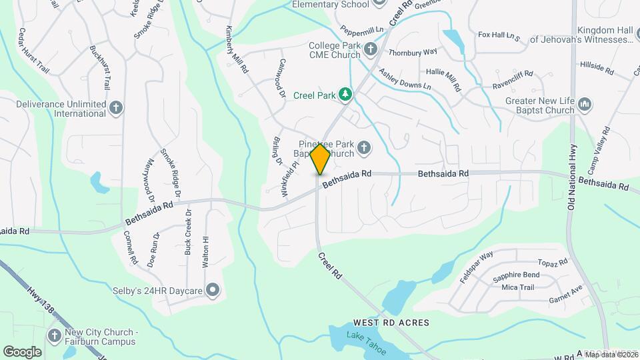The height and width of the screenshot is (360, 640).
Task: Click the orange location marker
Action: pyautogui.click(x=320, y=159)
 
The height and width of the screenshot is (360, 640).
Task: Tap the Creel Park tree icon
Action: pyautogui.click(x=345, y=95)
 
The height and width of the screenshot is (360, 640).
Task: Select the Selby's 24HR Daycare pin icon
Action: pyautogui.click(x=213, y=289)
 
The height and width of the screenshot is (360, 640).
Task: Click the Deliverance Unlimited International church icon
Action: pyautogui.click(x=116, y=108)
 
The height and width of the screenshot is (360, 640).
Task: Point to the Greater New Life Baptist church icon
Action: pyautogui.click(x=585, y=105)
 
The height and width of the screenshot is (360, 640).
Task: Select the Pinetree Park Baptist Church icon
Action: pyautogui.click(x=364, y=147)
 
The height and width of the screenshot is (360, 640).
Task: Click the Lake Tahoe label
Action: pyautogui.click(x=365, y=339)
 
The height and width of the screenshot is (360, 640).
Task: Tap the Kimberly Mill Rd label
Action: pyautogui.click(x=237, y=49)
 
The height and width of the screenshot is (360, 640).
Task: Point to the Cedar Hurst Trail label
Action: pyautogui.click(x=34, y=51)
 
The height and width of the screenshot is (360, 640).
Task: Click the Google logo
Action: pyautogui.click(x=22, y=352)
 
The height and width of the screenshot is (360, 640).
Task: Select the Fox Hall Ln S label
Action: pyautogui.click(x=499, y=35)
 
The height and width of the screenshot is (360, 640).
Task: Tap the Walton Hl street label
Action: pyautogui.click(x=206, y=251)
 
